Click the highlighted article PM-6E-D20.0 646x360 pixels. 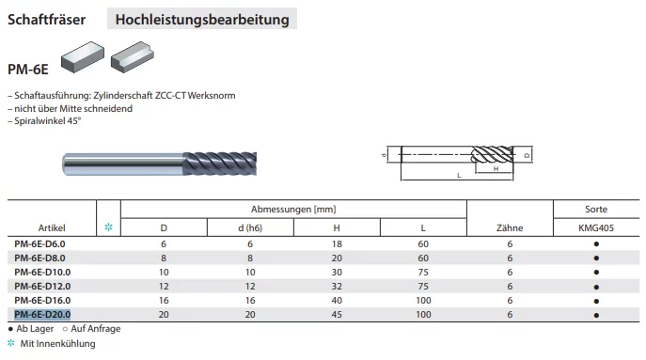click(42, 315)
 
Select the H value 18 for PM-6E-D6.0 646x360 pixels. click(337, 244)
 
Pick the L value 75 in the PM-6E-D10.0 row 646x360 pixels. click(423, 273)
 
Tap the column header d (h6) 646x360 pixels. click(250, 227)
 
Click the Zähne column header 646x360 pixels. click(510, 227)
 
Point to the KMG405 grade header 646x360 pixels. click(596, 227)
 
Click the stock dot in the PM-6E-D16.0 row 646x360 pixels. click(596, 301)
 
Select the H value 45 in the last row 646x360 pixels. click(337, 315)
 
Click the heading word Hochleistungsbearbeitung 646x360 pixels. click(202, 20)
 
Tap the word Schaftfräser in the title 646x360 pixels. click(47, 20)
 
